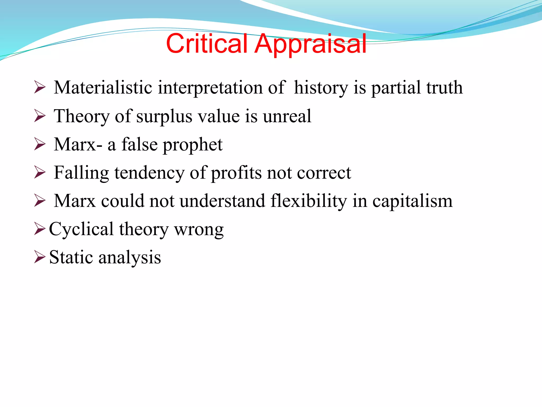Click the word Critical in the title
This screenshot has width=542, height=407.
coord(207,44)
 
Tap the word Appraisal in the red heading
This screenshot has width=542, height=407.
coord(310,45)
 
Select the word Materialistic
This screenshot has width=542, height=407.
coord(103,88)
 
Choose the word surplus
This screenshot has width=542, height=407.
coord(164,117)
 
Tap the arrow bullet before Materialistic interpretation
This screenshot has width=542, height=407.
coord(40,88)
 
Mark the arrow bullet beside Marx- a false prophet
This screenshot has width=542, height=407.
coord(40,145)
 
